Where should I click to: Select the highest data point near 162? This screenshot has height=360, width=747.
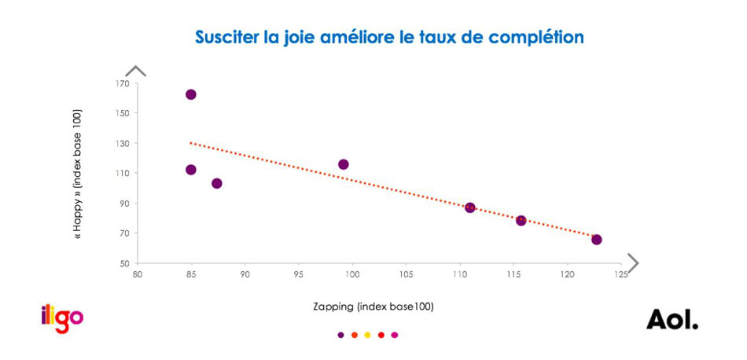tap(190, 94)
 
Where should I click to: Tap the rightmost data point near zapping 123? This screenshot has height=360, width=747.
tap(597, 240)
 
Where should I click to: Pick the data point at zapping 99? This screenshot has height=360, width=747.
tap(344, 164)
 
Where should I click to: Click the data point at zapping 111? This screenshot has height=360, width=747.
tap(470, 208)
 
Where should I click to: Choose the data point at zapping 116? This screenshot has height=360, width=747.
tap(521, 221)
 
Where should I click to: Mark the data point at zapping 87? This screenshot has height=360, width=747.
tap(217, 183)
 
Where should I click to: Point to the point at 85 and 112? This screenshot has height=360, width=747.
tap(190, 170)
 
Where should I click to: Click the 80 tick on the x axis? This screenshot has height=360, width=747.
tap(138, 275)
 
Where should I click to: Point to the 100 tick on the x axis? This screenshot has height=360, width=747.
tap(352, 275)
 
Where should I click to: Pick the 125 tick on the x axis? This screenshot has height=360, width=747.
tap(621, 275)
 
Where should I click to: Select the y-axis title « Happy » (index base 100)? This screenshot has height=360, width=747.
tap(78, 174)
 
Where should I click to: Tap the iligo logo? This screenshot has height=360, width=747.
tap(62, 318)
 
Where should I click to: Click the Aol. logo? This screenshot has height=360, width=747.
tap(672, 320)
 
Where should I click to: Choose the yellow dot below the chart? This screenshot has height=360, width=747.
tap(367, 335)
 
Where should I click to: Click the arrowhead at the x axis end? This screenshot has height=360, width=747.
tap(632, 263)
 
